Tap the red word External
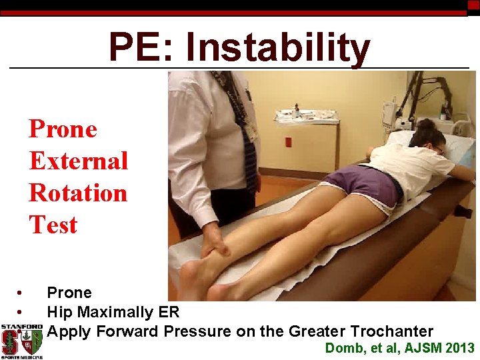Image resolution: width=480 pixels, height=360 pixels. point(79,161)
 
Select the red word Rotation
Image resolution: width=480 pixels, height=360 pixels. point(78,193)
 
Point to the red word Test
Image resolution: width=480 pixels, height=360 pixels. point(53,225)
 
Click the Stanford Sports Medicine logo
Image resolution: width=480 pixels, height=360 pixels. point(22,341)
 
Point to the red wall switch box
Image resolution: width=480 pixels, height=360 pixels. point(288,142)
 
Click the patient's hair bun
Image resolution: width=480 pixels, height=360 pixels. point(425,123)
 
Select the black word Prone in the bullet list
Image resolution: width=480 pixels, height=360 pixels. point(69,293)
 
